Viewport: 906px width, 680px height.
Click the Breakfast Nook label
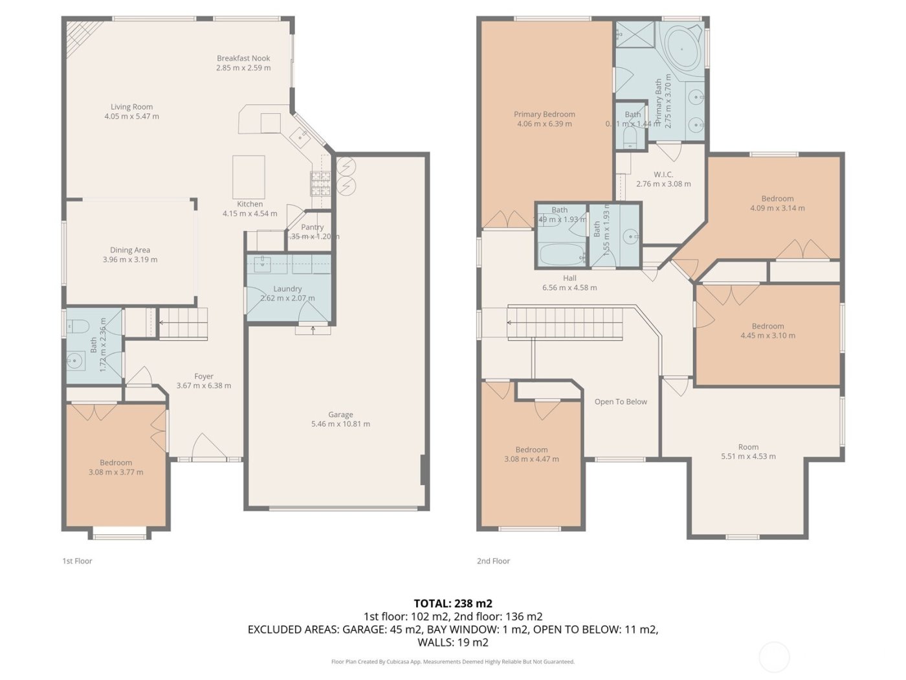(x=243, y=58)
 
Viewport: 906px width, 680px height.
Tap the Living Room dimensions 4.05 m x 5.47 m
(x=131, y=117)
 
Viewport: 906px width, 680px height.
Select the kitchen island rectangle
(x=249, y=172)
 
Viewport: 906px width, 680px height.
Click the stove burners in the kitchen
(x=321, y=183)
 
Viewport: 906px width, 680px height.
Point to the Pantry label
(x=312, y=227)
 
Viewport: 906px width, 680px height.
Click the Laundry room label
(x=287, y=289)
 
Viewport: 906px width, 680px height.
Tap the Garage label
(x=340, y=414)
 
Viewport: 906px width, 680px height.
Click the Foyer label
(x=204, y=376)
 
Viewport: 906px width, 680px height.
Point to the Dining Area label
(x=130, y=250)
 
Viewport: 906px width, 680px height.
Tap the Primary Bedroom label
(x=544, y=115)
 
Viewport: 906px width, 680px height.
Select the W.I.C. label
(x=663, y=175)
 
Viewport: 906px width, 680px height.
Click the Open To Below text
(x=621, y=402)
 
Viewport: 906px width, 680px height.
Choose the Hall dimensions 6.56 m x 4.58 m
(x=569, y=288)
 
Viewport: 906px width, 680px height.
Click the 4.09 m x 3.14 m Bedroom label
(x=777, y=199)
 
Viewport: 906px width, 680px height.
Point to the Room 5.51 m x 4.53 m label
(x=748, y=447)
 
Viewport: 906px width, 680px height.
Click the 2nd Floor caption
(x=493, y=561)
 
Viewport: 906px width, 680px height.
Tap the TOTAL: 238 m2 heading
(x=453, y=604)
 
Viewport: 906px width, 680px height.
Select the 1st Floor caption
(x=77, y=561)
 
